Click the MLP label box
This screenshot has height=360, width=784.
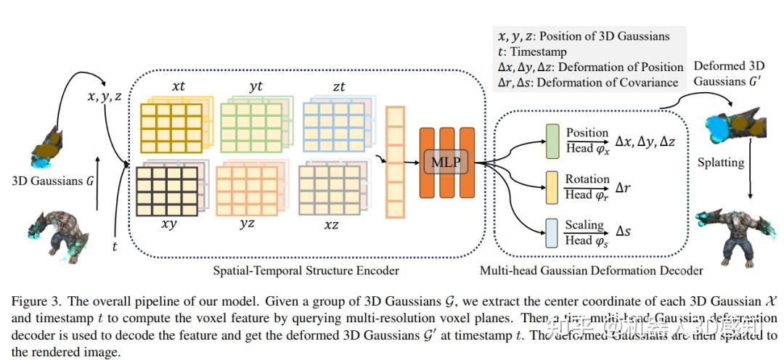click(446, 162)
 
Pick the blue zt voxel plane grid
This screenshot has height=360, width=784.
click(332, 126)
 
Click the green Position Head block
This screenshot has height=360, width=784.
click(551, 139)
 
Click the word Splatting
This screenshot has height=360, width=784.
click(720, 162)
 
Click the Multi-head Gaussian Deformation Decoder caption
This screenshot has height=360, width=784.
click(591, 271)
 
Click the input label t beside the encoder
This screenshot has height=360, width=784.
click(115, 247)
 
